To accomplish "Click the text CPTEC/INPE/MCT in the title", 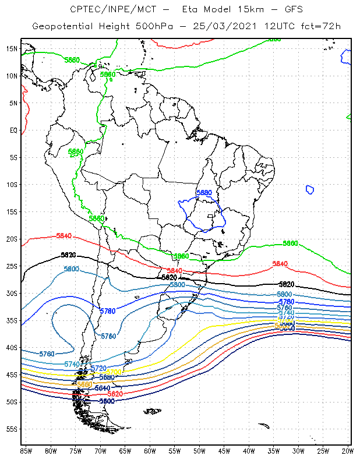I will [102, 9].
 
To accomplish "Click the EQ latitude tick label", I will [13, 130].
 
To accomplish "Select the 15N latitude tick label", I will [12, 49].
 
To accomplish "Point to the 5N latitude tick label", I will [13, 103].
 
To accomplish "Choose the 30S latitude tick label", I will [12, 294].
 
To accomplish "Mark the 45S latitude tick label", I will [12, 375].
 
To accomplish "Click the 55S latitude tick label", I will [12, 429].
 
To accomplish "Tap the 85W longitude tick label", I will [26, 451].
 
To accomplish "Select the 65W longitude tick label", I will [125, 451].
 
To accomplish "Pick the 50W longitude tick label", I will [199, 451].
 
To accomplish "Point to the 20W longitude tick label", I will [347, 451].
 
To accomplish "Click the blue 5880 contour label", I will [204, 193].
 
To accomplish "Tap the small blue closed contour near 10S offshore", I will [310, 189].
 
